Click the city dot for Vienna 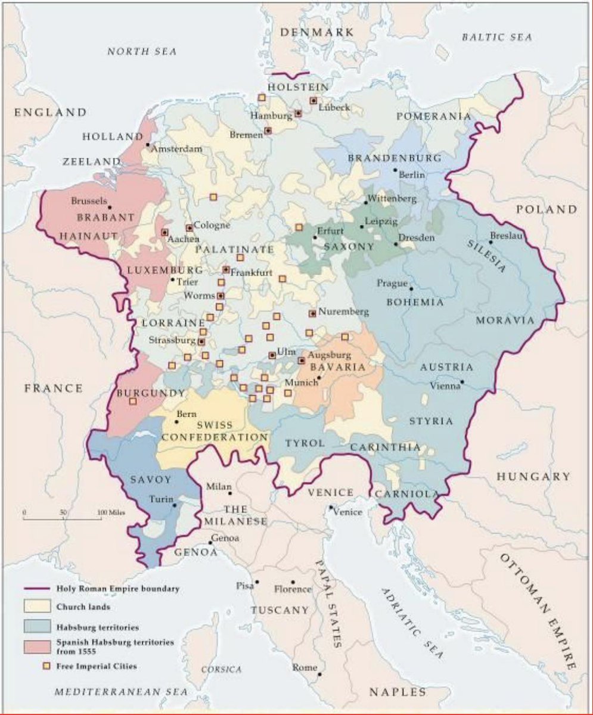tap(462, 381)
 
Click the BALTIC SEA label tap(496, 38)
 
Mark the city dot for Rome tap(320, 674)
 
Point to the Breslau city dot tap(490, 242)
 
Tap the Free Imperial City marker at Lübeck tap(313, 101)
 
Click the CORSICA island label tap(221, 670)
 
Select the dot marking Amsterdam tap(147, 144)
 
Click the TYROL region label tap(305, 444)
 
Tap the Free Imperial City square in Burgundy tap(132, 402)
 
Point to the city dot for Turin tap(175, 505)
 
